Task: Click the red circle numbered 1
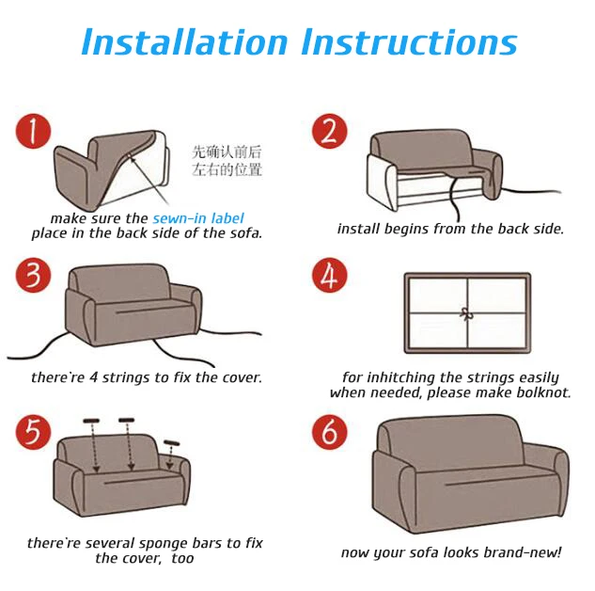tap(33, 132)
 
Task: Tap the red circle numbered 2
tap(329, 132)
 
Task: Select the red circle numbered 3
tap(33, 276)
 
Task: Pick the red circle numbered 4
tap(329, 276)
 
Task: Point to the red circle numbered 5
tap(33, 432)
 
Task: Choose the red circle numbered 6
tap(329, 432)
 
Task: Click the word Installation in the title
tap(185, 41)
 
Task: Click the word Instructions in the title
tap(410, 41)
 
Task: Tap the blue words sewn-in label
tap(198, 218)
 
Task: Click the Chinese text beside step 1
tap(227, 161)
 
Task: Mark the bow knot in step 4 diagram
tap(466, 314)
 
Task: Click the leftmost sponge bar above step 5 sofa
tap(91, 421)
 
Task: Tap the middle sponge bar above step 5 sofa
tap(126, 420)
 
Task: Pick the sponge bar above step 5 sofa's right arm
tap(171, 443)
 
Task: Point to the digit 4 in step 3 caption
tap(93, 377)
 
